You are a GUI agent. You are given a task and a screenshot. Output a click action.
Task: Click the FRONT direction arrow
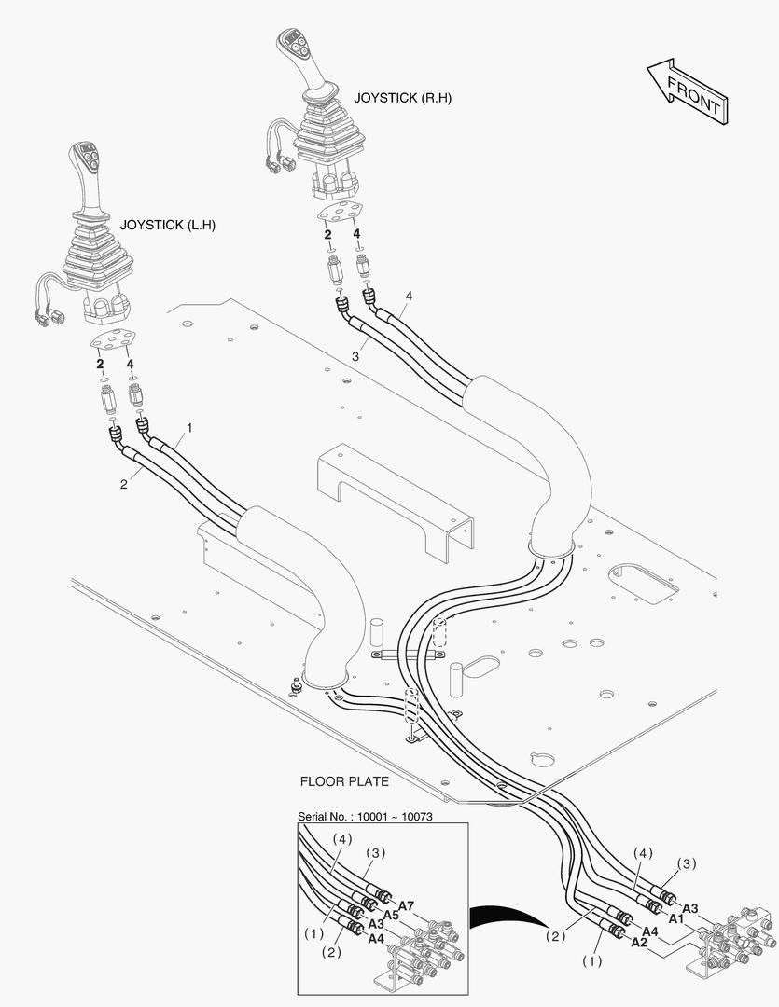tap(688, 91)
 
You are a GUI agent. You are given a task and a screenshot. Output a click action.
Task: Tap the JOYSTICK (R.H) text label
tap(402, 98)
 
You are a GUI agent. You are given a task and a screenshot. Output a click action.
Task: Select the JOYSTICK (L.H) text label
tap(168, 226)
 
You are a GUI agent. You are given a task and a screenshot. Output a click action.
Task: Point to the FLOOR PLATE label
tap(344, 781)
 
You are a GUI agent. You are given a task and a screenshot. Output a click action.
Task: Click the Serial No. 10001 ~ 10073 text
tap(365, 816)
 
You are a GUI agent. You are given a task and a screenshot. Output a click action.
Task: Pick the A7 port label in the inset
tap(406, 905)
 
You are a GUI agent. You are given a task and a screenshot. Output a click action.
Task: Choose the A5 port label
tap(391, 916)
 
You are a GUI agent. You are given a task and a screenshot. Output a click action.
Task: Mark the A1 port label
tap(675, 919)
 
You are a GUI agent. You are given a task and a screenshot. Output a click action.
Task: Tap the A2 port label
tap(639, 942)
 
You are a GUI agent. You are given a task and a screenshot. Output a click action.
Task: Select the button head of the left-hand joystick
tap(85, 157)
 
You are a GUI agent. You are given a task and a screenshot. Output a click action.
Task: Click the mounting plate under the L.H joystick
tap(116, 339)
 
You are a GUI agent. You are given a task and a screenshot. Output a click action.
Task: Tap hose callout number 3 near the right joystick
tap(355, 356)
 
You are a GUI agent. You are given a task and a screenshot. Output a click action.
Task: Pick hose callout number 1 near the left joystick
tap(189, 427)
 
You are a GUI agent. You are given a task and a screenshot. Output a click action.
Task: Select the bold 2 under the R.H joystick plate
tap(327, 234)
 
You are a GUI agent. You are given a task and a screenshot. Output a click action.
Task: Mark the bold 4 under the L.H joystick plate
tap(131, 365)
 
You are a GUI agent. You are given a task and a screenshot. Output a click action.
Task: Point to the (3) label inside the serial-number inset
tap(376, 853)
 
